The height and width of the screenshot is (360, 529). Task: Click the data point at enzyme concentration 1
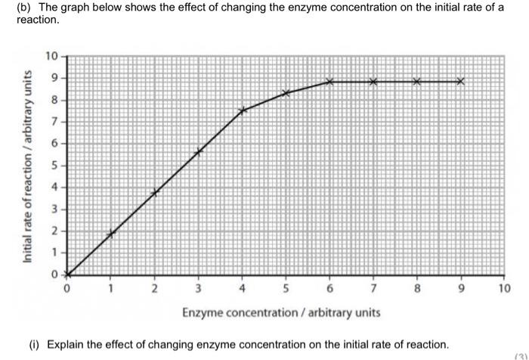pos(110,234)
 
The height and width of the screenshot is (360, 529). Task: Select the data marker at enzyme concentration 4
pos(242,110)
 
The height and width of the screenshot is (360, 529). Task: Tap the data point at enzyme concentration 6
pos(329,82)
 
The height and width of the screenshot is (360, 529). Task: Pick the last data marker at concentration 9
pos(460,82)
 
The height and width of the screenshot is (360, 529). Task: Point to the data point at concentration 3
pos(198,151)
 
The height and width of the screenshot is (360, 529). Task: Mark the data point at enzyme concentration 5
pos(286,93)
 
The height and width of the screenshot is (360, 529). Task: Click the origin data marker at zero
pos(67,275)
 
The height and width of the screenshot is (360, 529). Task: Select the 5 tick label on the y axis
pos(54,165)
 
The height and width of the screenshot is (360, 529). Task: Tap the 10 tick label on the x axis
pos(505,288)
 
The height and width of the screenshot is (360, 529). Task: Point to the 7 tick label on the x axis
pos(373,288)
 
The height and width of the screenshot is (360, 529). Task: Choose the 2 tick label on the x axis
pos(154,288)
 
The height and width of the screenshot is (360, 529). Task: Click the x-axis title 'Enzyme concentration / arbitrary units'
pos(281,312)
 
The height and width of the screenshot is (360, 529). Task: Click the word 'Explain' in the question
pos(66,344)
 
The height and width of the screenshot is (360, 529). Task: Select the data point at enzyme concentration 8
pos(416,82)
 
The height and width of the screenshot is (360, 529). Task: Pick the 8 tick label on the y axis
pos(54,100)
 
